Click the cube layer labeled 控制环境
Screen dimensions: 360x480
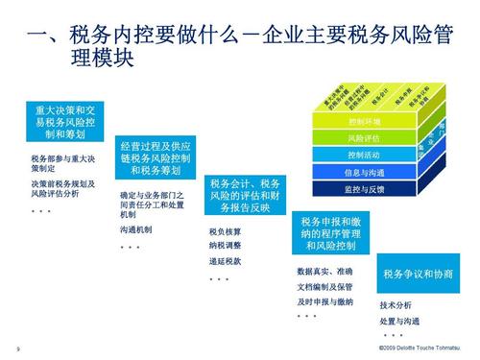[365, 122]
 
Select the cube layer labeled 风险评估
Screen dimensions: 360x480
[365, 138]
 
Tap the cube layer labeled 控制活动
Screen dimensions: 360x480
[365, 156]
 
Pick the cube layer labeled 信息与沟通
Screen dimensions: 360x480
[365, 172]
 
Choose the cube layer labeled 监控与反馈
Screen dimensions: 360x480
[365, 189]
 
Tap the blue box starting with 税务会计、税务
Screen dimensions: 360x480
[244, 195]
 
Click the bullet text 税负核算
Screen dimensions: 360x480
[225, 231]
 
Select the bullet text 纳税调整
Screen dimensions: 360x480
[225, 245]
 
